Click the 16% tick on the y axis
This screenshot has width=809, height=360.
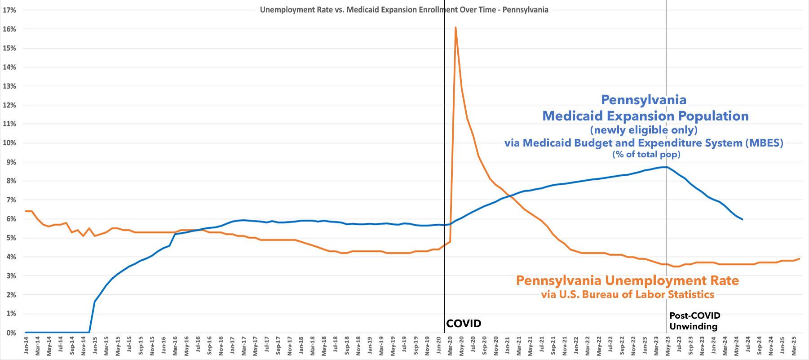(x=10, y=29)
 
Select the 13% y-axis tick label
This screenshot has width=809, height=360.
(x=10, y=86)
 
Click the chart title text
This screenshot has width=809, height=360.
(x=404, y=9)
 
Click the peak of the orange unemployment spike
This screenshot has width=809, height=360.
(x=455, y=27)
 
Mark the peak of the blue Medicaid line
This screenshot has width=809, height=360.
(x=664, y=167)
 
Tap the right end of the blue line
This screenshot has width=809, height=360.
(x=742, y=219)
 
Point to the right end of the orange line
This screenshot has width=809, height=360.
(x=799, y=259)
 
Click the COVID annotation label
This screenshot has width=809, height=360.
(x=464, y=324)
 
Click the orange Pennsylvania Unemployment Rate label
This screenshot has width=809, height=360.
(x=627, y=281)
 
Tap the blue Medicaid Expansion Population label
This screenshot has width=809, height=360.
(x=645, y=116)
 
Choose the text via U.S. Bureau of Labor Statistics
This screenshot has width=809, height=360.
(x=627, y=295)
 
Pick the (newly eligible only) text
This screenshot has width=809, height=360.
(x=644, y=130)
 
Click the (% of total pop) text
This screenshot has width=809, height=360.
(x=646, y=155)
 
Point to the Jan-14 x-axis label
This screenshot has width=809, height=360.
(x=26, y=347)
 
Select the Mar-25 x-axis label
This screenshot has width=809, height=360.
(x=793, y=347)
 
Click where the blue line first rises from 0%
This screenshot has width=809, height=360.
(x=89, y=332)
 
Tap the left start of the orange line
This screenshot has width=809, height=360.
(x=26, y=211)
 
